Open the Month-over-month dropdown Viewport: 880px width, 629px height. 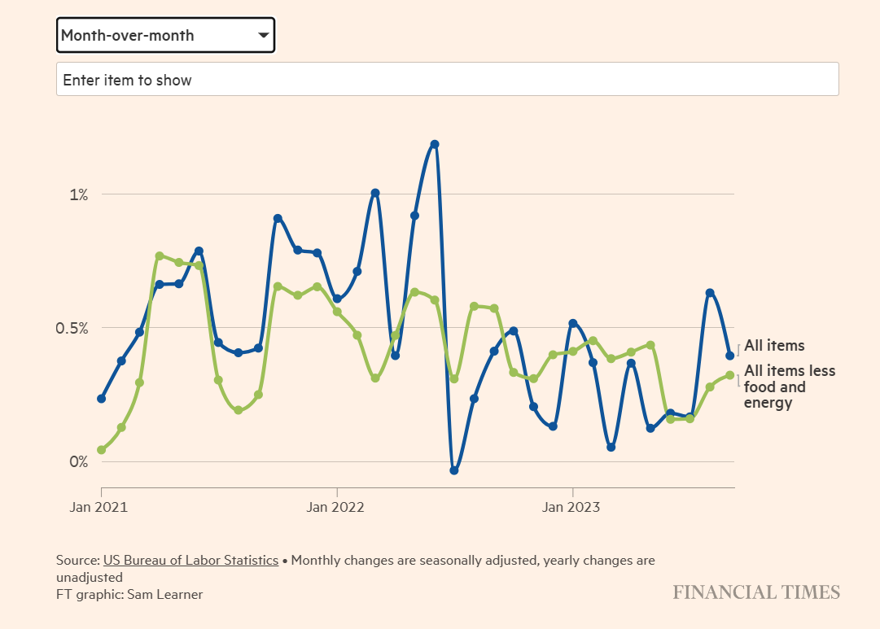[165, 35]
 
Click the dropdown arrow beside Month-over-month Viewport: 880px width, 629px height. [263, 35]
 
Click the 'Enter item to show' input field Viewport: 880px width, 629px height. [447, 80]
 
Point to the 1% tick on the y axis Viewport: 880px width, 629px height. [78, 194]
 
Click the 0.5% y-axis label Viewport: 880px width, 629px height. [72, 328]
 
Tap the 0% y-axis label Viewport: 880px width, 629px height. [78, 461]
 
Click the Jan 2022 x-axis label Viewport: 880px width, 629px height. [337, 508]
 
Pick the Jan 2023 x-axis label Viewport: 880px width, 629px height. [572, 508]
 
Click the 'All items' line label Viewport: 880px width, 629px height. [773, 346]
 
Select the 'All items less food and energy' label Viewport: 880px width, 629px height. [789, 387]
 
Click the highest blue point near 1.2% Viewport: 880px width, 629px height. [435, 144]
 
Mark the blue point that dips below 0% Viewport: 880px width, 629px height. [454, 470]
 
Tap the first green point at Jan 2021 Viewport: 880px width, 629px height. [102, 450]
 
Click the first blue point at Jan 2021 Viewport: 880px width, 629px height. [102, 399]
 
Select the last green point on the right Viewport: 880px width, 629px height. [729, 375]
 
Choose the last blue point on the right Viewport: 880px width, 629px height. [729, 355]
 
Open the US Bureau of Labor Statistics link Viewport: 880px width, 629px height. [190, 561]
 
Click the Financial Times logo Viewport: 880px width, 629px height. [756, 592]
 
